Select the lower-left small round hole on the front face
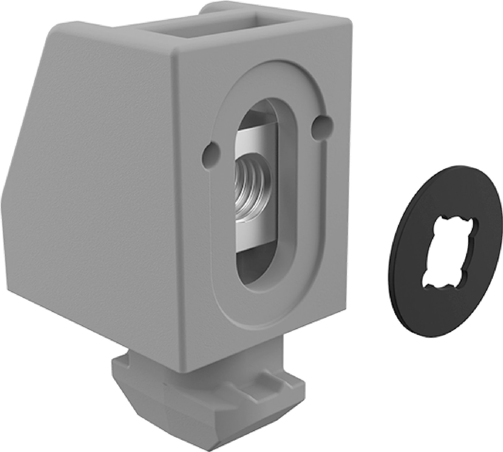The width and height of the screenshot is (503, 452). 211,153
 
